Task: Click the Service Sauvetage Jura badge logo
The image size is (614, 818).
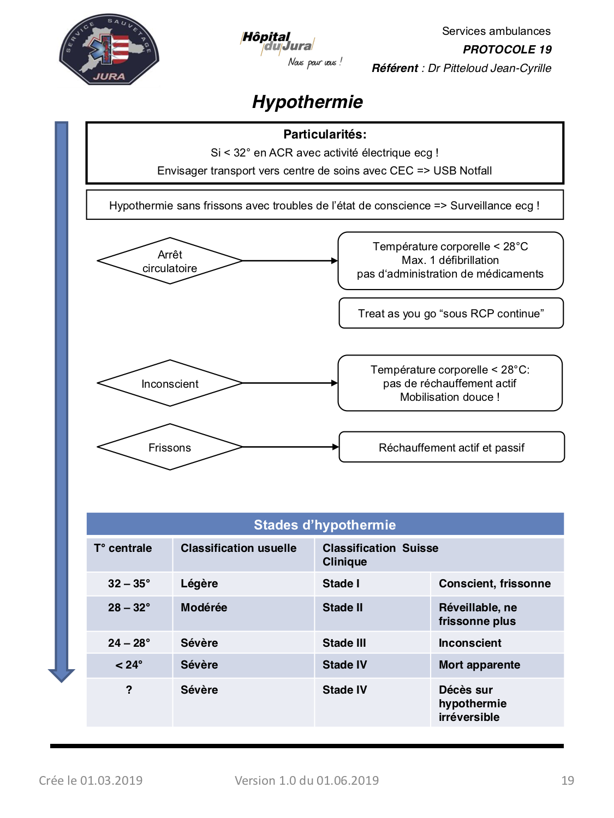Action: pos(109,49)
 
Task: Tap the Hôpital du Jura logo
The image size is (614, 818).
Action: pos(291,49)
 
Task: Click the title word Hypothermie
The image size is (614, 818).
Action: pos(307,102)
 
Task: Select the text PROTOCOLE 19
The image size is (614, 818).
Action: pos(507,50)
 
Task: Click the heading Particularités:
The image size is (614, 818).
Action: pos(325,134)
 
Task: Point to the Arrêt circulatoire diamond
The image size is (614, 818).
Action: pos(170,261)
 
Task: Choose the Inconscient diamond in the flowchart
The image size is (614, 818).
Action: pos(170,383)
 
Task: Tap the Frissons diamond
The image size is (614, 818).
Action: pos(170,447)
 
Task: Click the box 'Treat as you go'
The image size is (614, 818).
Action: pos(451,313)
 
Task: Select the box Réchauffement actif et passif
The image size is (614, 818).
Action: pos(451,447)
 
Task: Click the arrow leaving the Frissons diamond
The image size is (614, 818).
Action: pos(290,447)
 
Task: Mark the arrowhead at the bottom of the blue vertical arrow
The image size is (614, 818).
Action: pos(62,676)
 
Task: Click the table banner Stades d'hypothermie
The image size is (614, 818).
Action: pos(325,525)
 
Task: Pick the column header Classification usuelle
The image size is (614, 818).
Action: pos(239,548)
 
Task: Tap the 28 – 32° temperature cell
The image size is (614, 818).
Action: pos(129,608)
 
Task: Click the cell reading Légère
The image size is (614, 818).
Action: pos(199,584)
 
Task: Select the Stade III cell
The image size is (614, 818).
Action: pos(344,643)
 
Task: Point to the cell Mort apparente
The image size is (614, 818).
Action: pos(479,665)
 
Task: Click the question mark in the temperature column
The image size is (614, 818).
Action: pos(129,690)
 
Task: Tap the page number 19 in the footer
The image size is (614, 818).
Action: pos(568,780)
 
